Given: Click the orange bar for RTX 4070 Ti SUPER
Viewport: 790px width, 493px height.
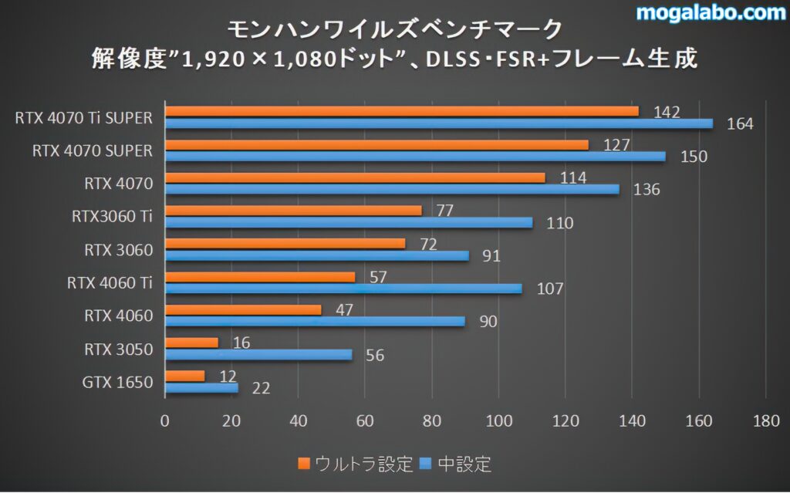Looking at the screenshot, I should click(402, 111).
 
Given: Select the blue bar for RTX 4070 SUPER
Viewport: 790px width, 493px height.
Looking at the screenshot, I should click(415, 157).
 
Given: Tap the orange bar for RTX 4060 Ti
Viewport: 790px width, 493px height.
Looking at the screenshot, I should click(260, 276).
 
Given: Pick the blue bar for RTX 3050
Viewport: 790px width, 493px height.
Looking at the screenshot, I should click(258, 355).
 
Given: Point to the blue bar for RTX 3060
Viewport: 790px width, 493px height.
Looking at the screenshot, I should click(317, 255).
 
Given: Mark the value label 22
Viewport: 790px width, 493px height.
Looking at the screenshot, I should click(261, 389).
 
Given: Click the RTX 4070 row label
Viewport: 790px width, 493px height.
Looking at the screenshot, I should click(119, 184).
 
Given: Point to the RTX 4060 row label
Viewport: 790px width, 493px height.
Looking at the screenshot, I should click(119, 316).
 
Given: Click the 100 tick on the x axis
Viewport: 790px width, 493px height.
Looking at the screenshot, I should click(499, 421).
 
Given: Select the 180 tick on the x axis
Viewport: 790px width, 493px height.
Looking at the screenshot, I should click(765, 421).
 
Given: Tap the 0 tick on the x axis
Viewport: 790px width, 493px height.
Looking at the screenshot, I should click(165, 421).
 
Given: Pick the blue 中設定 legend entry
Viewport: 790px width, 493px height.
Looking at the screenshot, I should click(455, 464).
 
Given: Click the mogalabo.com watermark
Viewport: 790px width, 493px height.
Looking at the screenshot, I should click(709, 13).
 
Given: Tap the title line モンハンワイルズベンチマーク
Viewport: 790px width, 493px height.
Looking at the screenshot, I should click(395, 29).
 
